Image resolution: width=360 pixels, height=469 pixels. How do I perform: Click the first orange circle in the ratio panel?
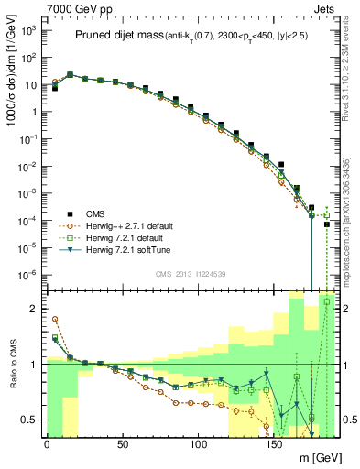click(55, 319)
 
